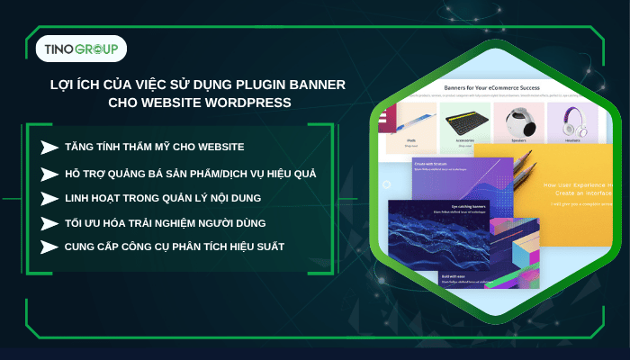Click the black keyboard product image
[x=465, y=120]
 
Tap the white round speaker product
[x=517, y=121]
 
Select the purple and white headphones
[x=571, y=121]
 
